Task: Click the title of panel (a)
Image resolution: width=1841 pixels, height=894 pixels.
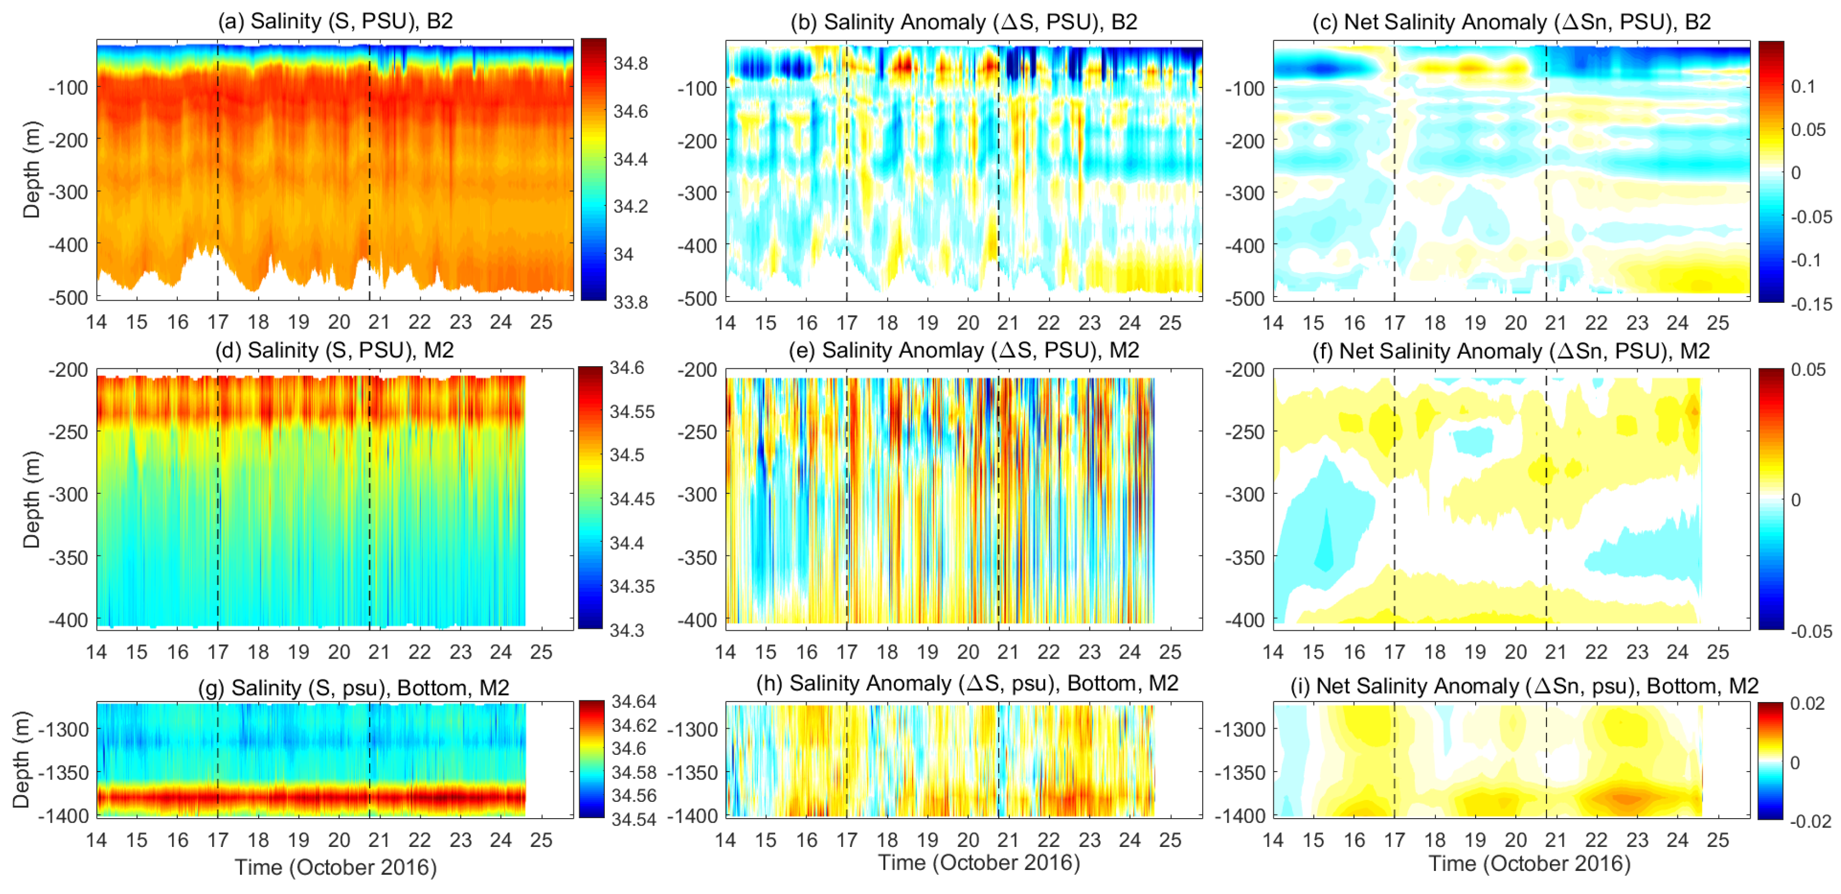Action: pos(335,21)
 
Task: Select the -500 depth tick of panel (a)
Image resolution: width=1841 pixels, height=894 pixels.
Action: pos(68,298)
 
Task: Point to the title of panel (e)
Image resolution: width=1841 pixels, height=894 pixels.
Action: pos(963,350)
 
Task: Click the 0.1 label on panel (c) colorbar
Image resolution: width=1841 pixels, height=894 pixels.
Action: pos(1802,86)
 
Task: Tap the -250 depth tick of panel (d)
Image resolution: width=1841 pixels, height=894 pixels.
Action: pos(68,432)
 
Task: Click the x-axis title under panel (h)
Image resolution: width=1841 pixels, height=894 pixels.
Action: pos(979,863)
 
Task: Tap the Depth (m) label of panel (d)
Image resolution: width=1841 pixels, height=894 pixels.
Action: pos(31,499)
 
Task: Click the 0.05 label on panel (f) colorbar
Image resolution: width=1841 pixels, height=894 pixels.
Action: pos(1807,370)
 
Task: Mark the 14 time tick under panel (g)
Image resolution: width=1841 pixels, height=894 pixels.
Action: pos(97,840)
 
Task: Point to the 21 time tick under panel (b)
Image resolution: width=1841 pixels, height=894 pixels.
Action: pos(1008,323)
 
